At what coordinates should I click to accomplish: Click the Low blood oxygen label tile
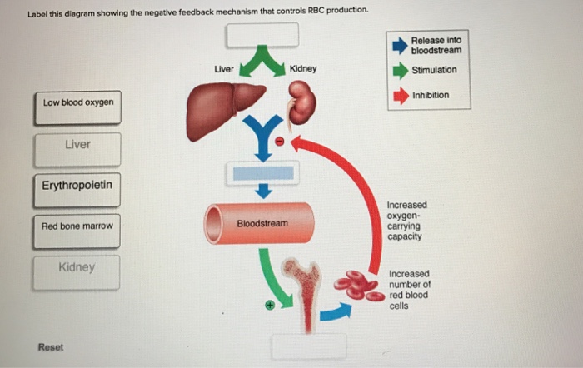[77, 102]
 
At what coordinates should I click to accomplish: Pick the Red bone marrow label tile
[77, 226]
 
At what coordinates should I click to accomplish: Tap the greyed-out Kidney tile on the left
[77, 268]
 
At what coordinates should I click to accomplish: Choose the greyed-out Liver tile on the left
[77, 145]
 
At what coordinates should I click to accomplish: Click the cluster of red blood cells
[359, 286]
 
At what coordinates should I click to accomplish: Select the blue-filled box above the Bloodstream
[262, 173]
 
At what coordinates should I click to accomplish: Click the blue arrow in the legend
[399, 45]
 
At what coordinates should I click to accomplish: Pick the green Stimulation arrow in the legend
[399, 70]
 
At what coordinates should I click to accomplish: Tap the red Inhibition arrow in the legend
[399, 95]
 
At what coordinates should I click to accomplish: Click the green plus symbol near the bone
[270, 306]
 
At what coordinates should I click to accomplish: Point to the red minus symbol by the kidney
[280, 142]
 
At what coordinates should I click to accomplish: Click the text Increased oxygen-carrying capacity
[406, 221]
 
